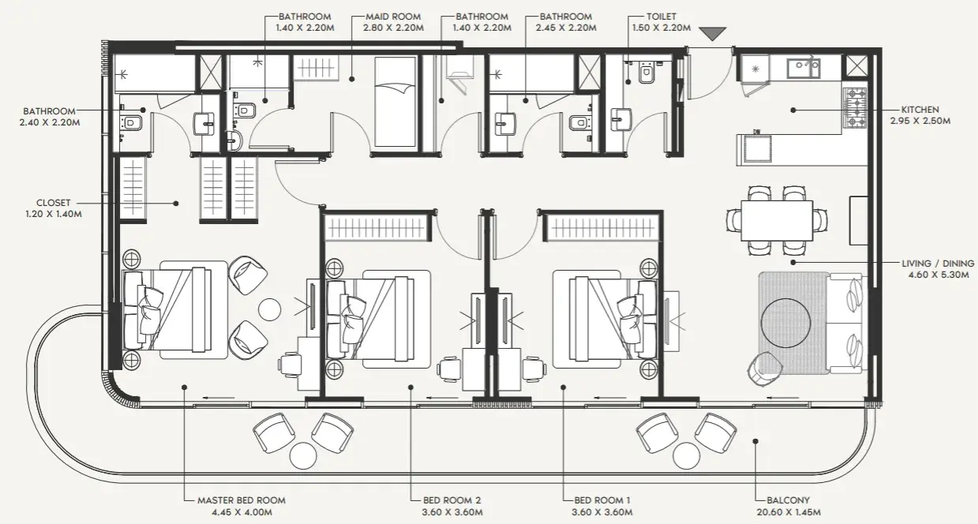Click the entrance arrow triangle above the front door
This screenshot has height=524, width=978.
713,34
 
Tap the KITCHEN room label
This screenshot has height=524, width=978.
920,110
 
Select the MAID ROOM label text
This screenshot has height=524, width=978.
393,17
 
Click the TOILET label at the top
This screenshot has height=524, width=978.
661,17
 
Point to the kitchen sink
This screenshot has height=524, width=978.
804,69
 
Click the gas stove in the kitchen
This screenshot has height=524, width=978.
855,108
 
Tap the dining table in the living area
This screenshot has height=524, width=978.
777,220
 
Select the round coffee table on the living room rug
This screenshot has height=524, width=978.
786,323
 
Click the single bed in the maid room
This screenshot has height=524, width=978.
395,102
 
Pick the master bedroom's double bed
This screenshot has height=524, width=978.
174,310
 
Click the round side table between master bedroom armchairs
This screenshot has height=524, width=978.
269,309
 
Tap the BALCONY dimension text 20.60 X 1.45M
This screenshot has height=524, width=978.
789,512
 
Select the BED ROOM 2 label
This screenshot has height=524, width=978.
452,500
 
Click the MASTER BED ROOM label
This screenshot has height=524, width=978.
242,500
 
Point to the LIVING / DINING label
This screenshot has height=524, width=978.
939,264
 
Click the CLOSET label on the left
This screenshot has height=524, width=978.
53,203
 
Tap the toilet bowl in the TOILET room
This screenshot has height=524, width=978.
646,73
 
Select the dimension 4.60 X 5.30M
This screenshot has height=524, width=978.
939,275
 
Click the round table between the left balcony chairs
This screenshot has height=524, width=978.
303,456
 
